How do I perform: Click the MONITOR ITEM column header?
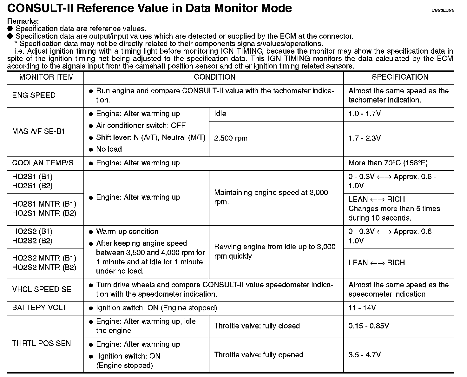pyautogui.click(x=46, y=77)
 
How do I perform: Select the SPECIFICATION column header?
pyautogui.click(x=400, y=77)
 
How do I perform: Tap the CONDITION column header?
pyautogui.click(x=214, y=77)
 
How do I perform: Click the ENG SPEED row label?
pyautogui.click(x=34, y=95)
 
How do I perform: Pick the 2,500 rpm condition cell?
pyautogui.click(x=231, y=138)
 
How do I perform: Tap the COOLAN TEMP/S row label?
pyautogui.click(x=43, y=163)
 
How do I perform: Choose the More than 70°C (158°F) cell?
pyautogui.click(x=388, y=163)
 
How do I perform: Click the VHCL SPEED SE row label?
pyautogui.click(x=42, y=289)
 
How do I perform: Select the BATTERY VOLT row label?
pyautogui.click(x=39, y=308)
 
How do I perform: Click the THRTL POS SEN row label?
pyautogui.click(x=41, y=343)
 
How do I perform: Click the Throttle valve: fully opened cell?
pyautogui.click(x=259, y=355)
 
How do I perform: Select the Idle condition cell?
pyautogui.click(x=220, y=114)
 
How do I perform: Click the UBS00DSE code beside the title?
pyautogui.click(x=443, y=10)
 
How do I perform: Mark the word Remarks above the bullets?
pyautogui.click(x=23, y=21)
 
